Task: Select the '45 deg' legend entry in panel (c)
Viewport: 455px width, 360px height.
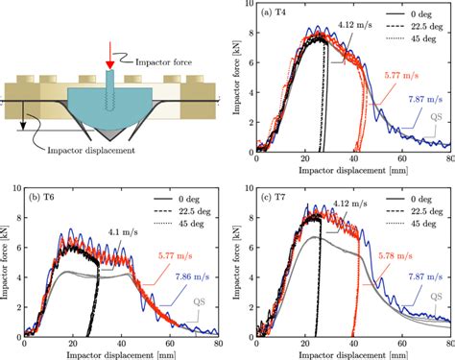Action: (x=425, y=224)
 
